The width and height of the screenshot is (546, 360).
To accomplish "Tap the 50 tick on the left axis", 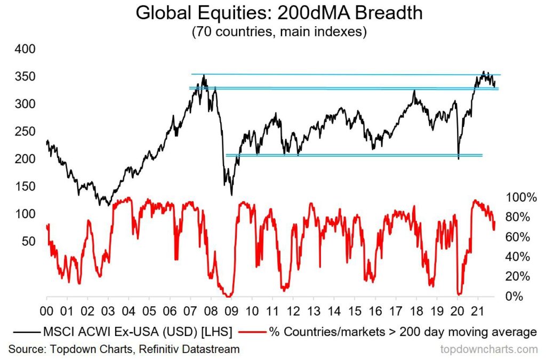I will click(28, 241).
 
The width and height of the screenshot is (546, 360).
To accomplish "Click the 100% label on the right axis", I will click(521, 197).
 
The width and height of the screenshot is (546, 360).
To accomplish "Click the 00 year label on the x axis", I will click(47, 310).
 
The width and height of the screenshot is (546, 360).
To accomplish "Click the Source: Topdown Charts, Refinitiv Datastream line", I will click(124, 349).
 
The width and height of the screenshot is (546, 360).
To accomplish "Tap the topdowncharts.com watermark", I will click(488, 349).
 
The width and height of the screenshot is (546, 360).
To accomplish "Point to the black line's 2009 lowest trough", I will click(231, 195).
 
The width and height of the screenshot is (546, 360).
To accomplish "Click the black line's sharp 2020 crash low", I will click(459, 158).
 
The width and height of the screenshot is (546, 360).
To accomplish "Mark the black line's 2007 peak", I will click(203, 76).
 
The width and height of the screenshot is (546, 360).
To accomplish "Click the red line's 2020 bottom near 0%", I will click(459, 294).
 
